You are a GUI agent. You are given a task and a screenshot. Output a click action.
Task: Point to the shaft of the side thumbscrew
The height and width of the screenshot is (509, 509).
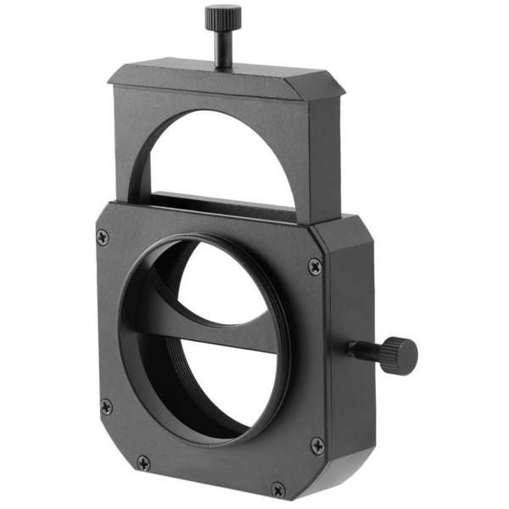tap(363, 349)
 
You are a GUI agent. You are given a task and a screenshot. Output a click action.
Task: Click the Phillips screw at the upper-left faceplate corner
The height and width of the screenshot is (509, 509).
tap(103, 238)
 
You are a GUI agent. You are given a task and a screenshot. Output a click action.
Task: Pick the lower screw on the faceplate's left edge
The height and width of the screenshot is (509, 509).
tap(106, 406)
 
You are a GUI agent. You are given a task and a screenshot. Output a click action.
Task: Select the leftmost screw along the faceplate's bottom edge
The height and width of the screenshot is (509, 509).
tap(143, 463)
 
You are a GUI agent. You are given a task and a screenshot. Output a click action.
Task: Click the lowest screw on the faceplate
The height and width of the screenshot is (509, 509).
tap(277, 489)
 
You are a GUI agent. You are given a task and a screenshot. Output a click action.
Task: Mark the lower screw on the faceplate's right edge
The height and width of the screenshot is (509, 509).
tap(316, 445)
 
